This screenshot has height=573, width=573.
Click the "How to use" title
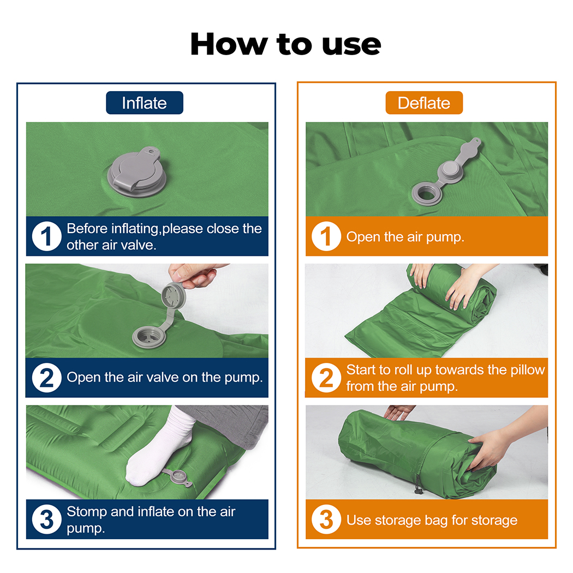286,44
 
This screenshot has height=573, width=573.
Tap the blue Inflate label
145,103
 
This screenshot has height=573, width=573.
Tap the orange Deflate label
424,103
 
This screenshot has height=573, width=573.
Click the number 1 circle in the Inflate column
46,236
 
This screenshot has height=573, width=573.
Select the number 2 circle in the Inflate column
46,378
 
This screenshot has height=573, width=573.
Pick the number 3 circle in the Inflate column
46,520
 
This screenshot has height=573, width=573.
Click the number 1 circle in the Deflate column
326,236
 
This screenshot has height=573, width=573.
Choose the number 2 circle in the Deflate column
326,378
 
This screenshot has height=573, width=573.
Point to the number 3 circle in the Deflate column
326,520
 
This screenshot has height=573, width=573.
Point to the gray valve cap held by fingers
174,295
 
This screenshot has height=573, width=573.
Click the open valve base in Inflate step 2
149,337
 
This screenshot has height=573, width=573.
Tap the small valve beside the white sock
179,477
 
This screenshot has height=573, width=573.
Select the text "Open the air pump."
405,237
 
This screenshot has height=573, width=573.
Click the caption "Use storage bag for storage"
432,520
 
